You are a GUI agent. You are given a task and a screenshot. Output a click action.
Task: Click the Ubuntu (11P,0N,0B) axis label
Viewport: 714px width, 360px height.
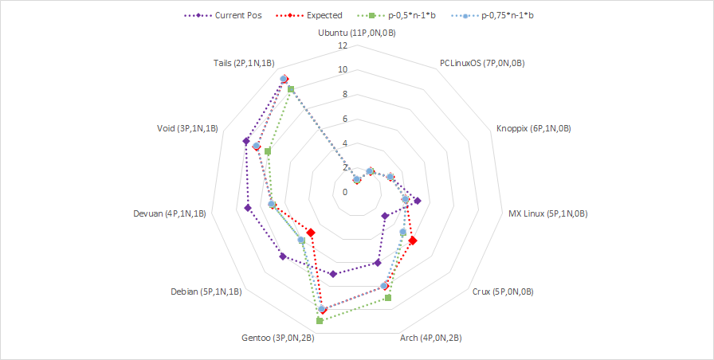pyautogui.click(x=357, y=34)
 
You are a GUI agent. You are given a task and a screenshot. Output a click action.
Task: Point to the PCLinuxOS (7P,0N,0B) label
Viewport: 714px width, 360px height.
pyautogui.click(x=481, y=63)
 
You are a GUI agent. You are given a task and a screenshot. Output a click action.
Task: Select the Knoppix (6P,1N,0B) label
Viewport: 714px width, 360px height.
pyautogui.click(x=533, y=128)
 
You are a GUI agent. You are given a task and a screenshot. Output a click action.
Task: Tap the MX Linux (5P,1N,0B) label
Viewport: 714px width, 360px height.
pyautogui.click(x=547, y=213)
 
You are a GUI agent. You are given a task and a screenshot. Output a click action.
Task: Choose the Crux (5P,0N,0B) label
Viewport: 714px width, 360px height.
pyautogui.click(x=503, y=292)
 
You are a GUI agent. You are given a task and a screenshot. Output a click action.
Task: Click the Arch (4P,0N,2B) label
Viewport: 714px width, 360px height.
pyautogui.click(x=430, y=338)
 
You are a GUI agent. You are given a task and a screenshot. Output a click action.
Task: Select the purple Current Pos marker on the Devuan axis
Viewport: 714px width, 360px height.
pyautogui.click(x=248, y=208)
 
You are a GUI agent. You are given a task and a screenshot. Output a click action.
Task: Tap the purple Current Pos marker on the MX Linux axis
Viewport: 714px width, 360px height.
pyautogui.click(x=417, y=201)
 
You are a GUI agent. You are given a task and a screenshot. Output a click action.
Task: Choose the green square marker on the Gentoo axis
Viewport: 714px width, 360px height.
pyautogui.click(x=320, y=321)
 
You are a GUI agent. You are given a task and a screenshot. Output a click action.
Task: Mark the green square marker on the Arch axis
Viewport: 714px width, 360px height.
pyautogui.click(x=388, y=298)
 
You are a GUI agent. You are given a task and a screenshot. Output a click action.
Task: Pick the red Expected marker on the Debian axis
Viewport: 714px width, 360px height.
pyautogui.click(x=311, y=233)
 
